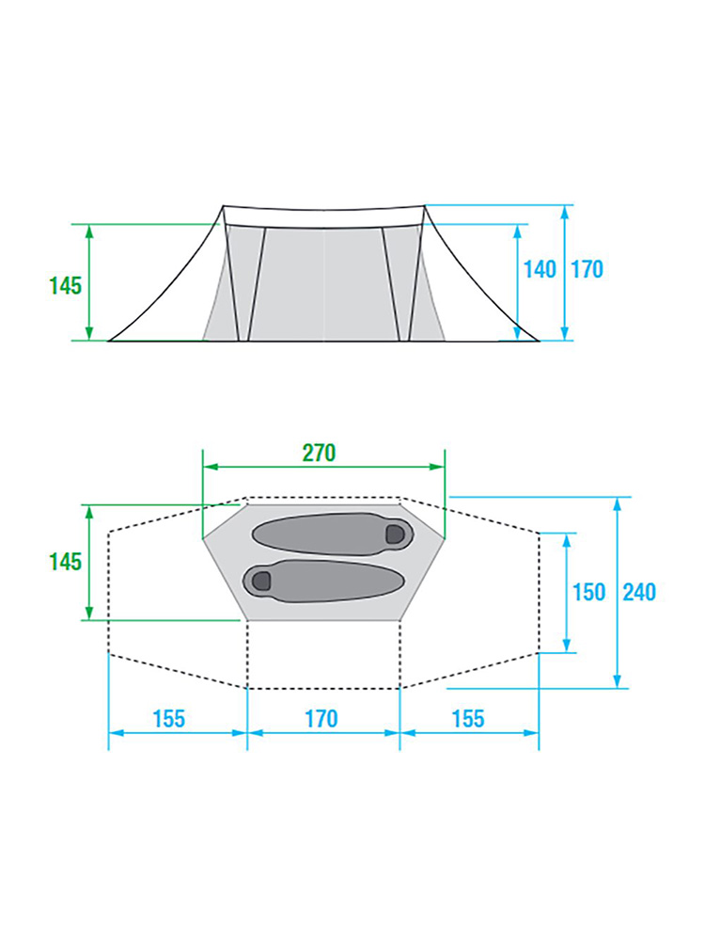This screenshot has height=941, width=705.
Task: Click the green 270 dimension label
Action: click(319, 454)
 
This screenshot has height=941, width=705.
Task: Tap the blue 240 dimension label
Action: click(639, 592)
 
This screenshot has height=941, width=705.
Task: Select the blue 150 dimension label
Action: click(588, 592)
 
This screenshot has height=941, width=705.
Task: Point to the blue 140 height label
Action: click(540, 269)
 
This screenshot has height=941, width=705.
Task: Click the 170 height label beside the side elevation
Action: click(587, 269)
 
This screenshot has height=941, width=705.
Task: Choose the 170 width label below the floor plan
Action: click(321, 718)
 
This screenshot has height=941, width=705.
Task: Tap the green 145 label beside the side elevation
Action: click(66, 286)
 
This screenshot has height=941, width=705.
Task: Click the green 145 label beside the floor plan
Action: click(66, 562)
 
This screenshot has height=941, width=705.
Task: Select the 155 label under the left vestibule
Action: click(168, 718)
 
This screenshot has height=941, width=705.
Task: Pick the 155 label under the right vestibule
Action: click(467, 718)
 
